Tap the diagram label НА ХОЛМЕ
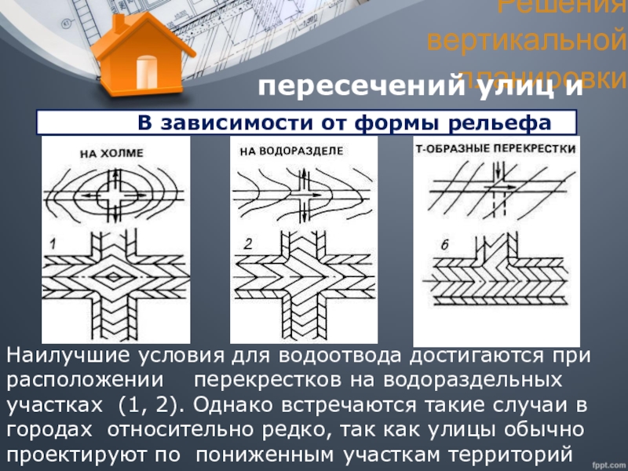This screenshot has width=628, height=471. [111, 154]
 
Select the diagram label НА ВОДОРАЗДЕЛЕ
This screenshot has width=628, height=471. [290, 149]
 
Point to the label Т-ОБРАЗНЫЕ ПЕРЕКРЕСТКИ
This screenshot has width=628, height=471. [495, 148]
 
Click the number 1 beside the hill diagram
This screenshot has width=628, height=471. [53, 246]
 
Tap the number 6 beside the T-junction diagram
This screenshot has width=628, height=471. [444, 246]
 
